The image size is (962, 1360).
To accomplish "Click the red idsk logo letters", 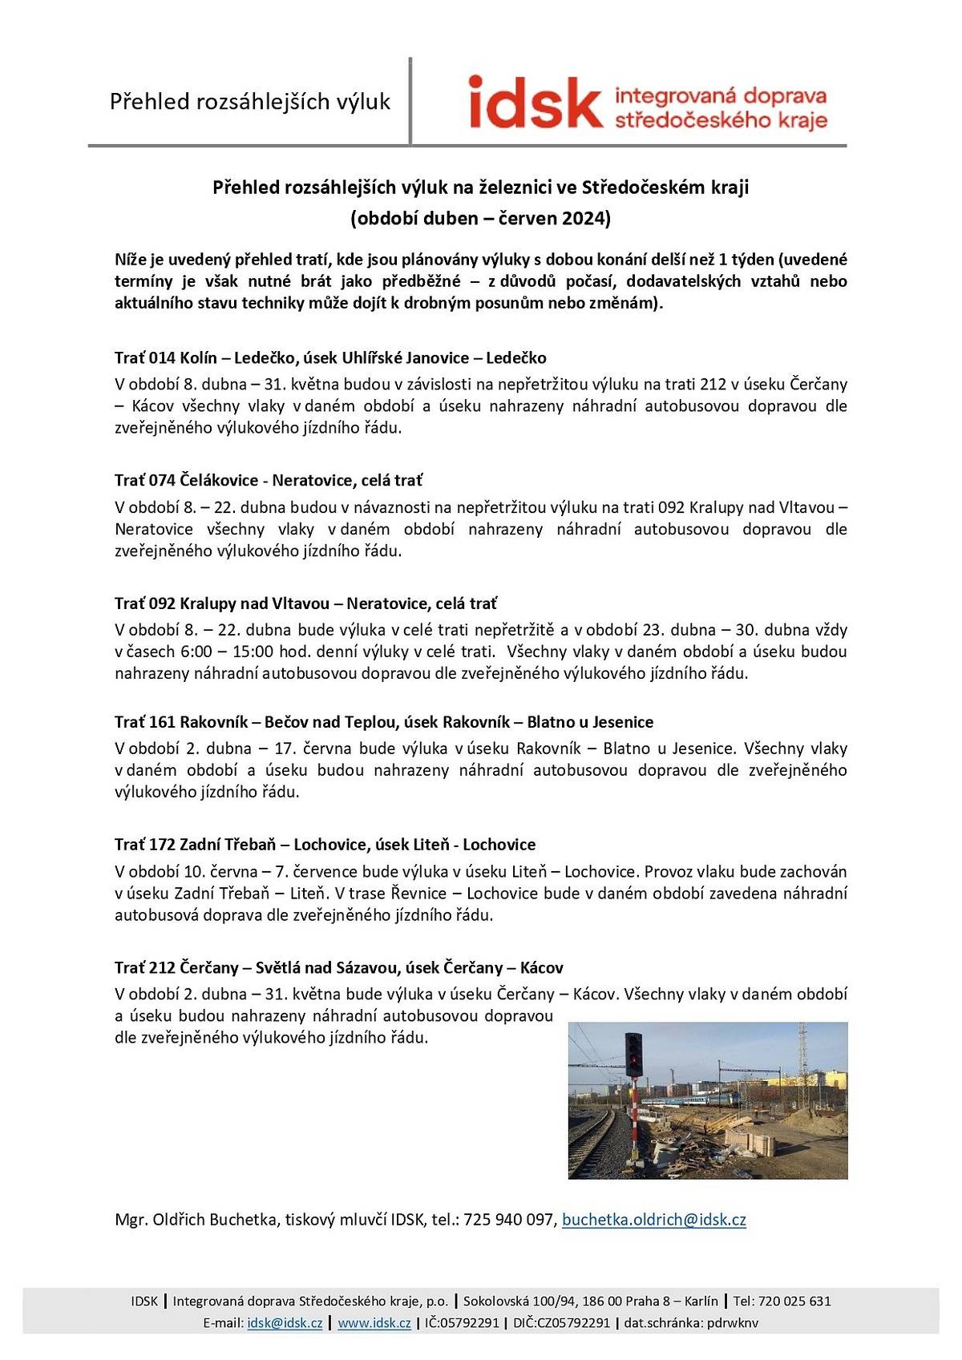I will [535, 102].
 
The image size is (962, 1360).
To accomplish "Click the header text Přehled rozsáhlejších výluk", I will [249, 102].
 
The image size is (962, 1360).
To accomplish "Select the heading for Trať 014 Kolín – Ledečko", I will [330, 357].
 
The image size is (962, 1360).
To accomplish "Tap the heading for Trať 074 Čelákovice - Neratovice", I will [268, 480].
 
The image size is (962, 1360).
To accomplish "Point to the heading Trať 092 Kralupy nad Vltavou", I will [305, 603].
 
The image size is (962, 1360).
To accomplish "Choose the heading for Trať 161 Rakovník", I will [383, 721].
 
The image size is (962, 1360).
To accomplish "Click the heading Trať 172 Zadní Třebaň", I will [325, 844].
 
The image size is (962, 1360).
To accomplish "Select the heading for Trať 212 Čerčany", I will [338, 967].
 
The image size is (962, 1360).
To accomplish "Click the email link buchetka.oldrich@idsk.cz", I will [653, 1220].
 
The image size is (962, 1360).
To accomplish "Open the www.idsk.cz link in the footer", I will [374, 1322].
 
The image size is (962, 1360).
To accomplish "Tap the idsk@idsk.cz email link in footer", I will [285, 1322].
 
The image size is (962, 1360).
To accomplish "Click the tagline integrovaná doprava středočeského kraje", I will [720, 108].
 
